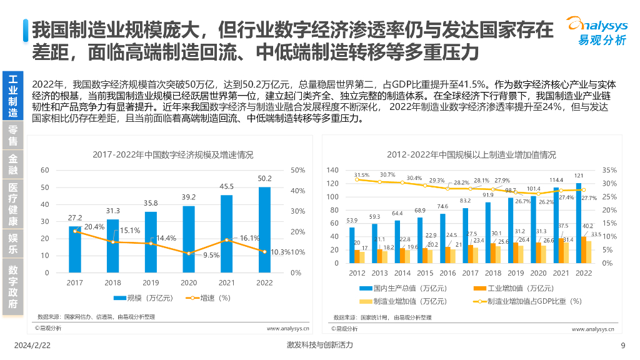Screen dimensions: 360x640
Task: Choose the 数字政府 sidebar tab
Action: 12,287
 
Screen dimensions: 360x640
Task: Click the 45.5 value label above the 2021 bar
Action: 226,186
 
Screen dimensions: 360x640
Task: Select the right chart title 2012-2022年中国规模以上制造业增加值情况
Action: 471,154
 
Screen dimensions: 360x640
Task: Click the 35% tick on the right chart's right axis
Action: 609,170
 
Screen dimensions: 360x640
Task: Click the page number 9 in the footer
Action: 622,346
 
